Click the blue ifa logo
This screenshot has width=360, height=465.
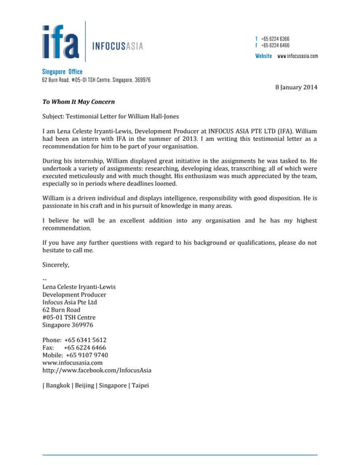coord(60,41)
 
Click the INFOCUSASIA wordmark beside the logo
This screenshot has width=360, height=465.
coord(117,46)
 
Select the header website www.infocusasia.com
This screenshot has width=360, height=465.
coord(297,56)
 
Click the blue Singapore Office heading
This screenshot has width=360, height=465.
coord(62,72)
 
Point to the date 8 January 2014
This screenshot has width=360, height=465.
coord(295,87)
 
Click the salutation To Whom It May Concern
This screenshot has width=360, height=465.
coord(78,102)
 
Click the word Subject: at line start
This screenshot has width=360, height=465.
coord(56,116)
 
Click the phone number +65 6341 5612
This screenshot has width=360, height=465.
coord(85,339)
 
